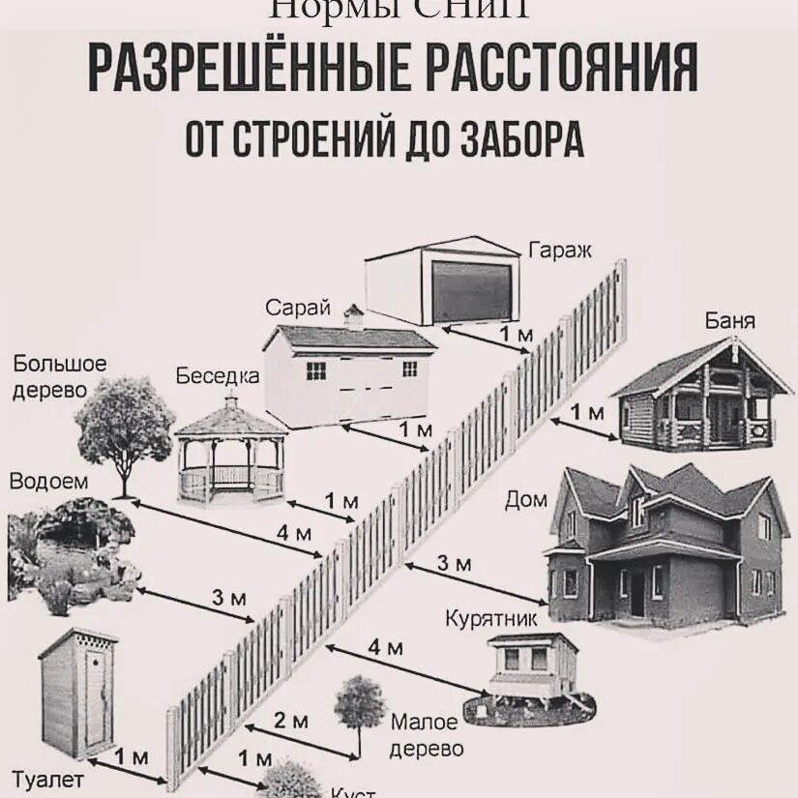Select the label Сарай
(x=299, y=309)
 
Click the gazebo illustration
(x=230, y=454)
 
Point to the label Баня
(x=730, y=321)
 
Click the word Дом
(x=526, y=500)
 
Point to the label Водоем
(x=48, y=481)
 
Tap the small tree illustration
(x=361, y=705)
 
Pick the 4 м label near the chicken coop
(x=385, y=647)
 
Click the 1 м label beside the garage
(x=516, y=335)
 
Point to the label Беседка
(x=218, y=376)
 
